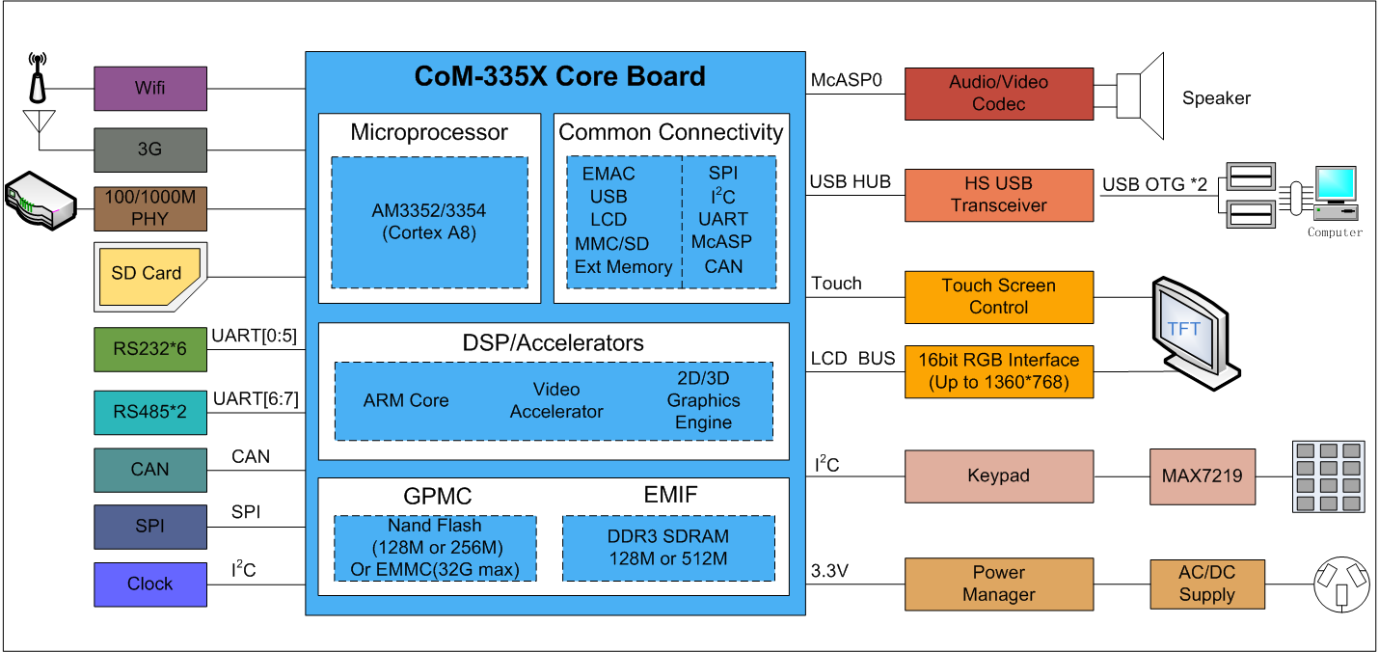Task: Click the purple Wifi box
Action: (x=150, y=88)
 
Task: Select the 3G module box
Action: (x=150, y=149)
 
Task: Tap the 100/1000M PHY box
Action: (x=150, y=207)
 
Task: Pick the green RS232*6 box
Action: (x=150, y=350)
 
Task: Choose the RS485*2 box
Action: (x=150, y=412)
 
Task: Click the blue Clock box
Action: (x=150, y=584)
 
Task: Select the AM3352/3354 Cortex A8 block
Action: (x=429, y=222)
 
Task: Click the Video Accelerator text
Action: (x=556, y=400)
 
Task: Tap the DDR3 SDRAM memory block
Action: (x=668, y=547)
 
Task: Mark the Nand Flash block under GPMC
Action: (x=435, y=548)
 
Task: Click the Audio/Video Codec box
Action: (x=998, y=94)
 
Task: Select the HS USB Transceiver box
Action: (x=998, y=194)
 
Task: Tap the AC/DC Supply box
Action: (x=1206, y=584)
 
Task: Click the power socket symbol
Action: (x=1341, y=583)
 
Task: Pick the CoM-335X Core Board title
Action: (x=559, y=76)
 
